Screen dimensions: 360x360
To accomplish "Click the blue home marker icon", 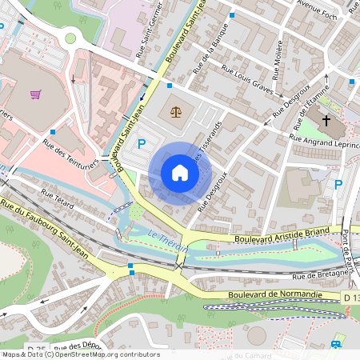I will point(180,173).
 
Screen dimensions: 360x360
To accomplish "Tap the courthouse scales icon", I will point(175,111).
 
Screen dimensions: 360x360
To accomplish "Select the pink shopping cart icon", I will point(36,94).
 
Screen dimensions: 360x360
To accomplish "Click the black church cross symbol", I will point(326,121).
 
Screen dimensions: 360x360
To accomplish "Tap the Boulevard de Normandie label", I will point(274,294).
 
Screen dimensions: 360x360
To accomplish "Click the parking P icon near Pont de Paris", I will point(338,185).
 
